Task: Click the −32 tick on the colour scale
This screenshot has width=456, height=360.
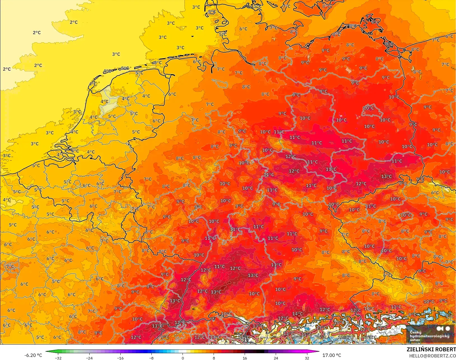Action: coord(58,358)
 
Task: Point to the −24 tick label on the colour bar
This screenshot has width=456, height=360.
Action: coord(89,358)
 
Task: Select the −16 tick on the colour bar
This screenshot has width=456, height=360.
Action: coord(120,358)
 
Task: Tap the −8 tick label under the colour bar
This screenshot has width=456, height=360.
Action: coord(151,358)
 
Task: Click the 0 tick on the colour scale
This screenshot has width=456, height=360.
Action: coord(183,358)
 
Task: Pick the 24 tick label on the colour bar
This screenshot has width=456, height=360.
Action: coord(276,358)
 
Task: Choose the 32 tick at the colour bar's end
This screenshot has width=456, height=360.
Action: coord(307,358)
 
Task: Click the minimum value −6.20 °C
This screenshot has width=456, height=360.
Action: coord(33,355)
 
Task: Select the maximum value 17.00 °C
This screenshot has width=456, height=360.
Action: coord(332,355)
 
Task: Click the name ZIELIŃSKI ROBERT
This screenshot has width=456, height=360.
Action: coord(431,349)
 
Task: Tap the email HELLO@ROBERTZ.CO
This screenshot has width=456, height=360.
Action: coord(432,356)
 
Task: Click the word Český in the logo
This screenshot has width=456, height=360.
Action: coord(415,333)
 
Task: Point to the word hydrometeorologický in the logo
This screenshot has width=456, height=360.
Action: coord(429,336)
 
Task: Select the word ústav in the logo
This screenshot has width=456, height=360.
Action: coord(415,340)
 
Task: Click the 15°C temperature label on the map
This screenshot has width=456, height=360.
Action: coord(306,335)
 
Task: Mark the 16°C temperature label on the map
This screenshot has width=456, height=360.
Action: coord(244,337)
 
